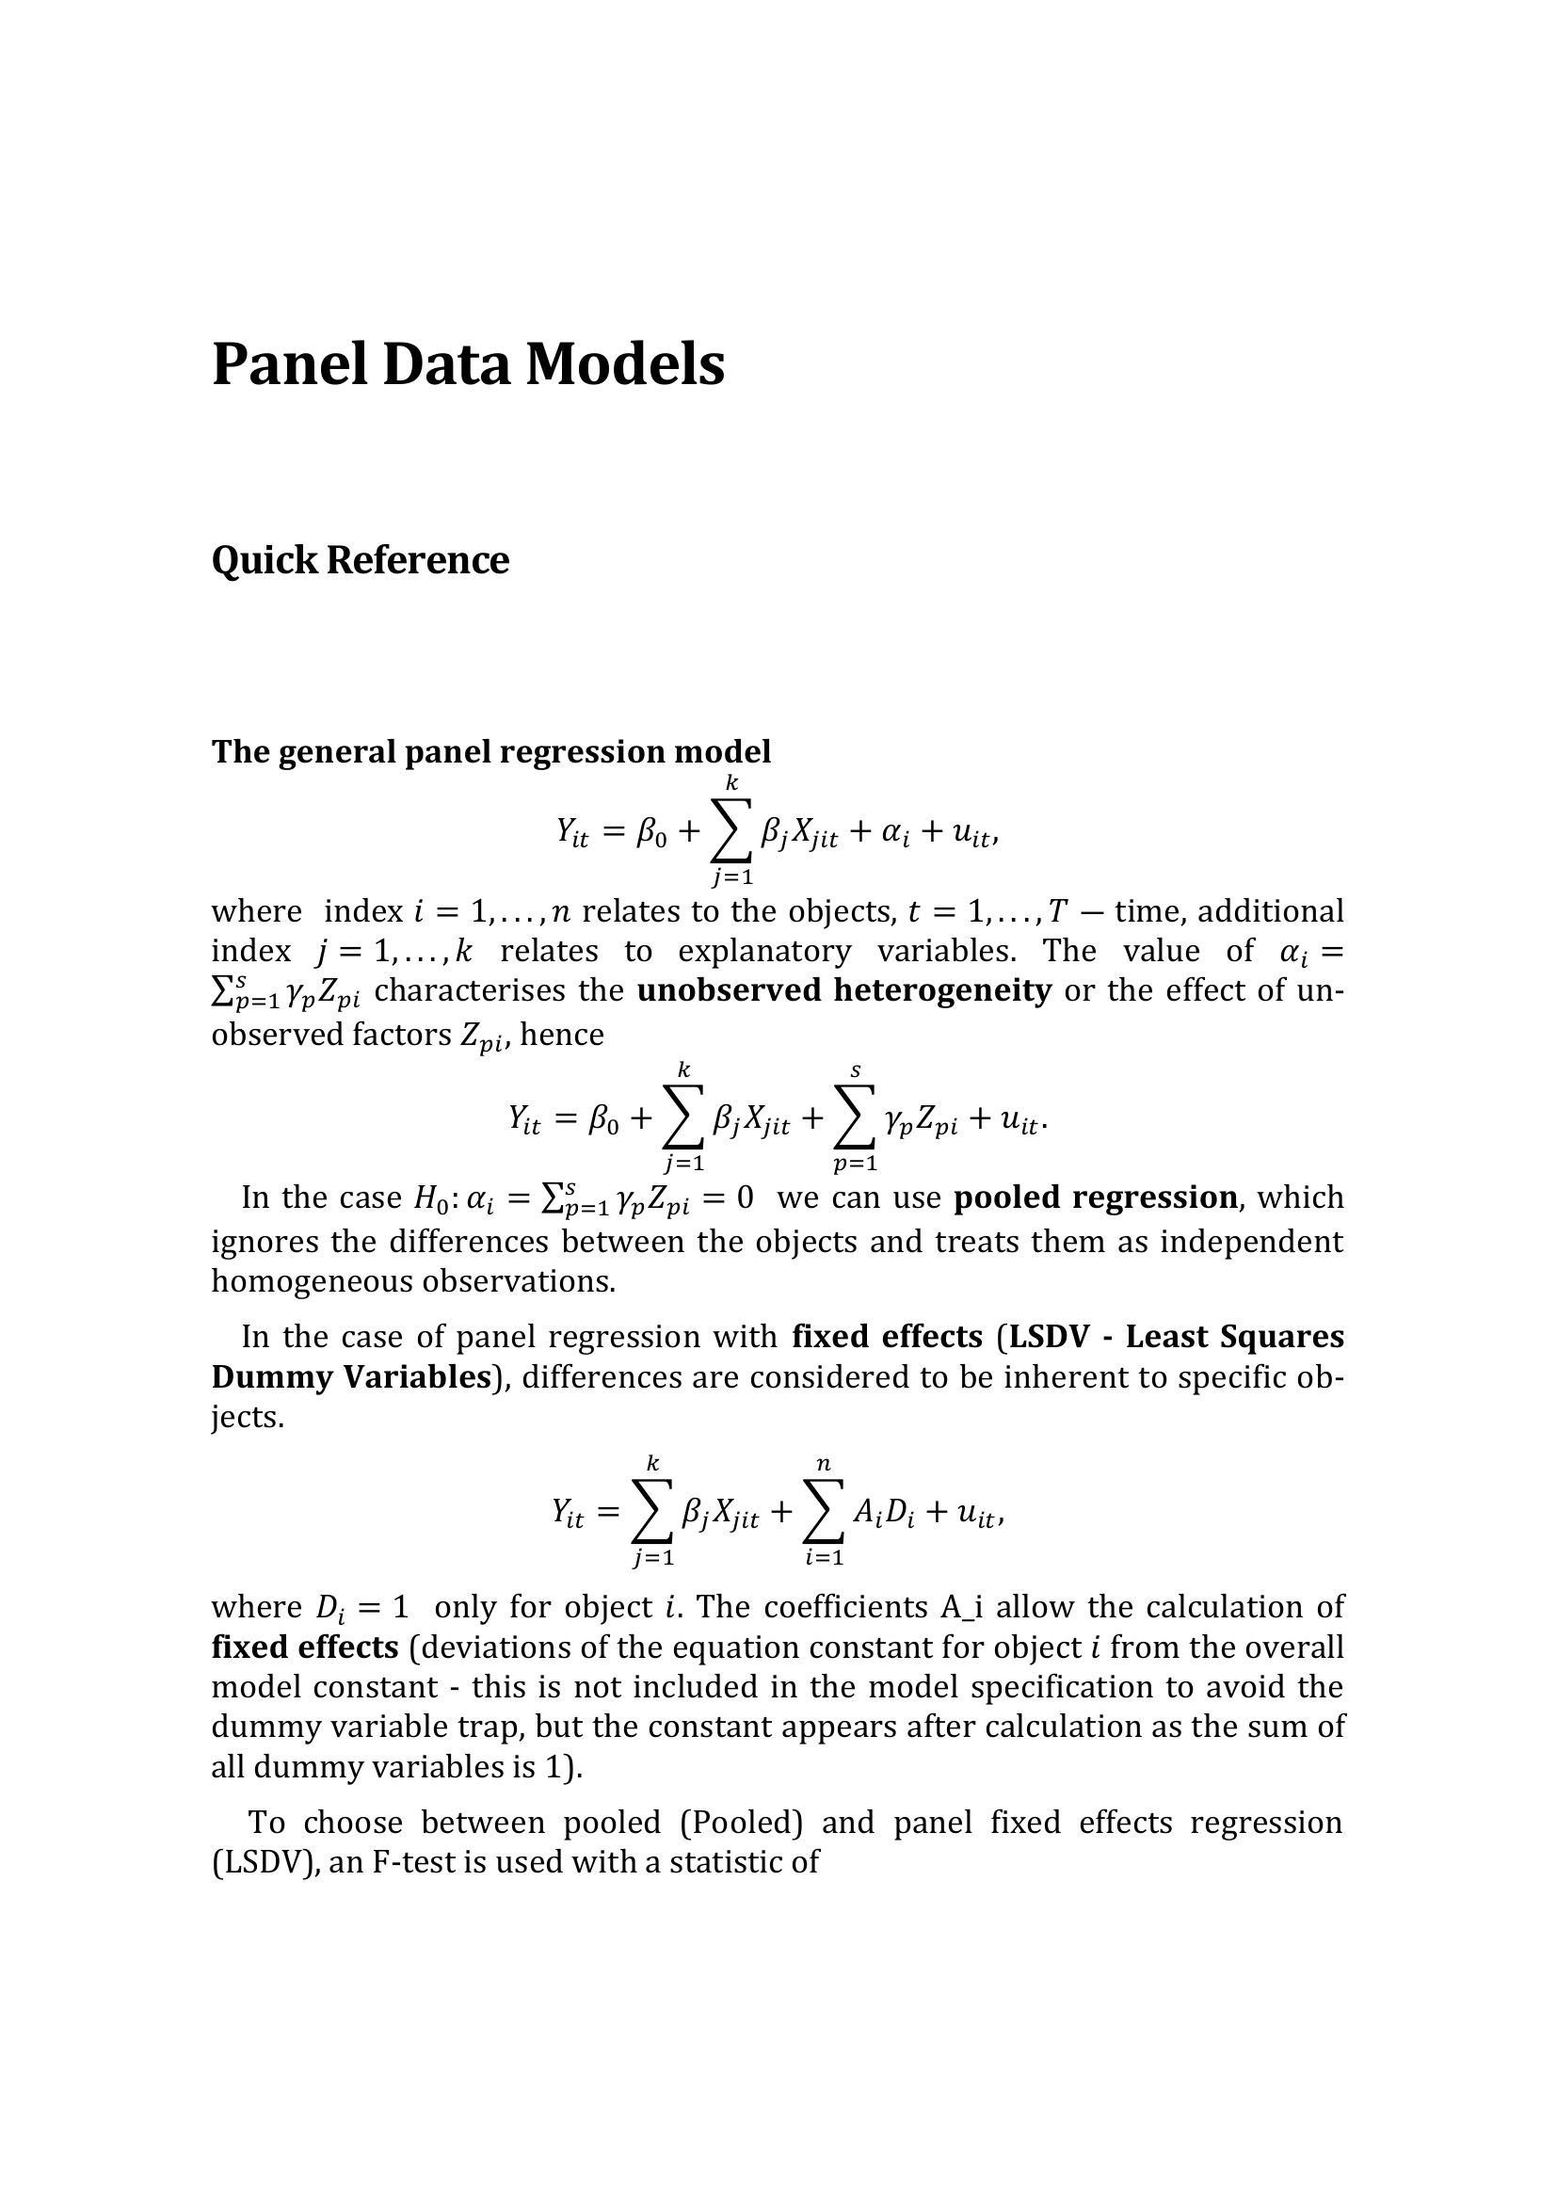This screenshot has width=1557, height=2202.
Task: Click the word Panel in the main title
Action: pos(289,365)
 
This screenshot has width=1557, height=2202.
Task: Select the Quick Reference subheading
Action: pos(360,561)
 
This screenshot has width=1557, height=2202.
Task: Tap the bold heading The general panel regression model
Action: pos(490,752)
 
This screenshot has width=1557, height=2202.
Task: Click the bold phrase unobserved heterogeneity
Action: pos(843,990)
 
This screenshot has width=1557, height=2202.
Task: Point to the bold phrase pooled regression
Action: pos(1096,1197)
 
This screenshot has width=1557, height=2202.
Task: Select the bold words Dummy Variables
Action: pos(351,1377)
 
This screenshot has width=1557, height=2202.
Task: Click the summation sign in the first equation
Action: pos(731,830)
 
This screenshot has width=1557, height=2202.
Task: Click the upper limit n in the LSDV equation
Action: pos(823,1465)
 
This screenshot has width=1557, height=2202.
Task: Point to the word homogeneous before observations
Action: pos(313,1281)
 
